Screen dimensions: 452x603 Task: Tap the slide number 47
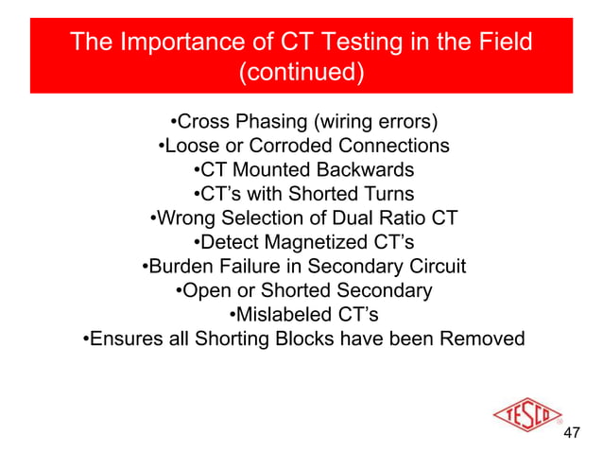(x=571, y=434)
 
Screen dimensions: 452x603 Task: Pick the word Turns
(x=386, y=195)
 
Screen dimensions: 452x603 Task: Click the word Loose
(x=189, y=147)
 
